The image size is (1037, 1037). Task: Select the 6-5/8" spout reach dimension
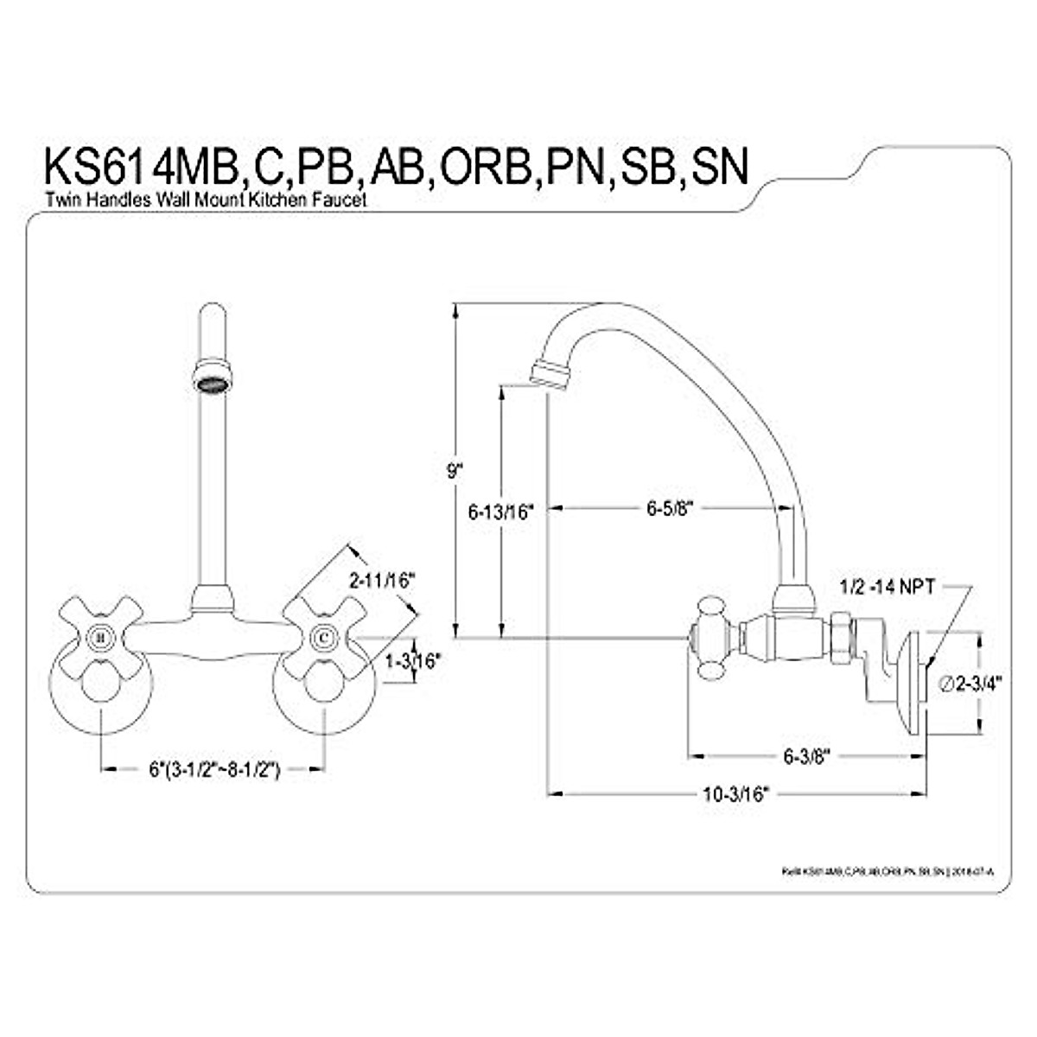[x=670, y=508]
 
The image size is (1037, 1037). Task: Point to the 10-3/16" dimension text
[x=735, y=795]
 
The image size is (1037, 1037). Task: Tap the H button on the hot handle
[x=102, y=638]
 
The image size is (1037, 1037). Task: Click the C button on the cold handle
[x=323, y=638]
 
